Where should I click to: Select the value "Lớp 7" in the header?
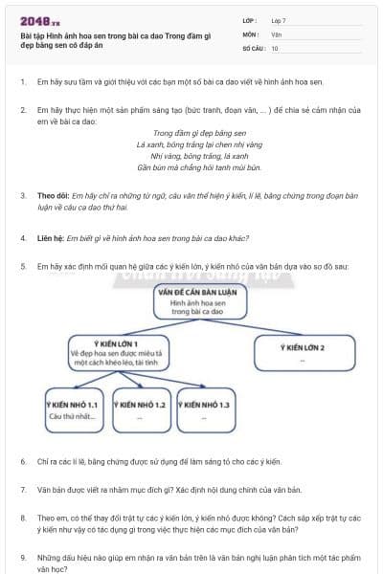coord(281,20)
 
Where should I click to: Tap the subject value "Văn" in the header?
coord(276,33)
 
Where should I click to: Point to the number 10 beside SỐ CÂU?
coord(275,47)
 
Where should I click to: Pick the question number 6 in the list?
coord(23,461)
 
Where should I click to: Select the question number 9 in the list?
coord(23,555)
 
